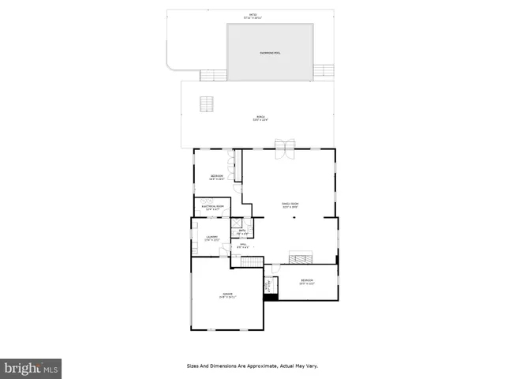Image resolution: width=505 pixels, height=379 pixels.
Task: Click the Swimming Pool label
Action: pyautogui.click(x=271, y=53)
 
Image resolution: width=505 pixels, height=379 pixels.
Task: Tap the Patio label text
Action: pyautogui.click(x=252, y=16)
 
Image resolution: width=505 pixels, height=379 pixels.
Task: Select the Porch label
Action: pyautogui.click(x=260, y=118)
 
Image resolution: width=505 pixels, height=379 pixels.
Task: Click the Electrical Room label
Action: pyautogui.click(x=214, y=208)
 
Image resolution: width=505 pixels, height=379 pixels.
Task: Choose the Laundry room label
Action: pyautogui.click(x=212, y=238)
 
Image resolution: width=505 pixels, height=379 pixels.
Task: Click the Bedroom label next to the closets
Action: pyautogui.click(x=216, y=177)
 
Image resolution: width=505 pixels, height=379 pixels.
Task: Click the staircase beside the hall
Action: pyautogui.click(x=251, y=262)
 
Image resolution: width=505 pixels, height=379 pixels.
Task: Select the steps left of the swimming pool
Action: pyautogui.click(x=213, y=74)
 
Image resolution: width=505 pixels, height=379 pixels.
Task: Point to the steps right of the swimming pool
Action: pyautogui.click(x=324, y=71)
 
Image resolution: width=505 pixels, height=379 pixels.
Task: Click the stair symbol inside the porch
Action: pyautogui.click(x=207, y=105)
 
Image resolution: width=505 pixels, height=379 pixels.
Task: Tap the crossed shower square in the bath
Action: pyautogui.click(x=235, y=223)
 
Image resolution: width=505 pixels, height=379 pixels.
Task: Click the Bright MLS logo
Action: pyautogui.click(x=31, y=368)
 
